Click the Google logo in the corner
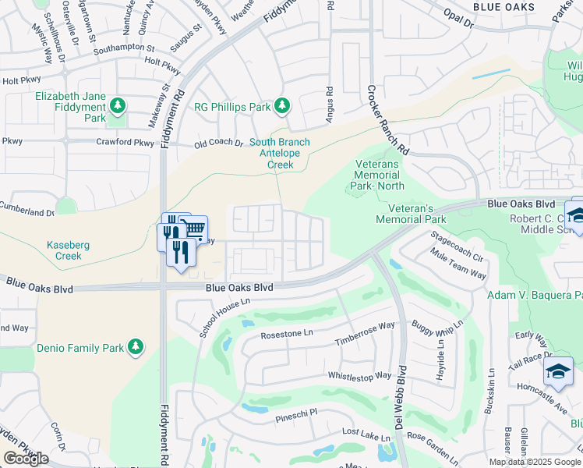click(26, 459)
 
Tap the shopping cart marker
click(195, 229)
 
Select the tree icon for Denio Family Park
click(136, 346)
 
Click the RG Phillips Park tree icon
click(283, 106)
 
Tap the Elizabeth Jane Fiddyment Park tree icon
click(117, 105)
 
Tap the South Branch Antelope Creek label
click(280, 154)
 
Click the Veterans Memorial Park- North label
click(377, 175)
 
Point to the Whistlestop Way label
click(359, 375)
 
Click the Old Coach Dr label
click(219, 144)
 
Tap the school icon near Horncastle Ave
click(559, 371)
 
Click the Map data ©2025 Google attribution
click(535, 462)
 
